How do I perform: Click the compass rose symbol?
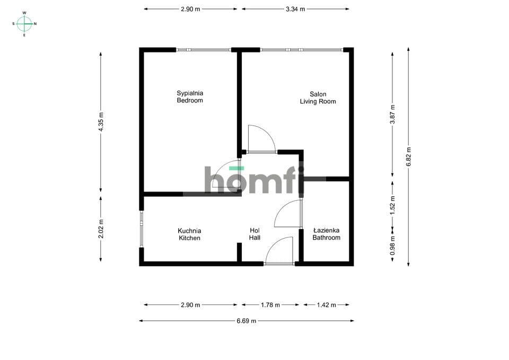[24, 24]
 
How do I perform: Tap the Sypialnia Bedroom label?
[190, 96]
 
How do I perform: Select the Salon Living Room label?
[318, 98]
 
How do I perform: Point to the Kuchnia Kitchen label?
[190, 234]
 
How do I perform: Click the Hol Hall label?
[254, 234]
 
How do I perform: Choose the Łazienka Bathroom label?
[326, 234]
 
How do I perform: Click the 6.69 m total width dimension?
[247, 321]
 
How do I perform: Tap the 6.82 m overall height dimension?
[408, 157]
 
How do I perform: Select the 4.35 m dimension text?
[101, 122]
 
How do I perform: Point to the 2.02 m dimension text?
[101, 229]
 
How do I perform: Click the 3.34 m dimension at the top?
[295, 9]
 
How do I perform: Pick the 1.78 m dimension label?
[270, 305]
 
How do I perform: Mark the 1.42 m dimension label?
[327, 305]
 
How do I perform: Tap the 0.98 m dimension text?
[392, 244]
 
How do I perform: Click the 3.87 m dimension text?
[392, 115]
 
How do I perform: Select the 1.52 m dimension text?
[392, 205]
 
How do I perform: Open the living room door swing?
[261, 138]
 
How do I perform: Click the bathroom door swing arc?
[288, 213]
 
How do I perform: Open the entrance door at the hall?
[279, 251]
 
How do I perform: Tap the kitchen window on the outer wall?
[142, 229]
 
